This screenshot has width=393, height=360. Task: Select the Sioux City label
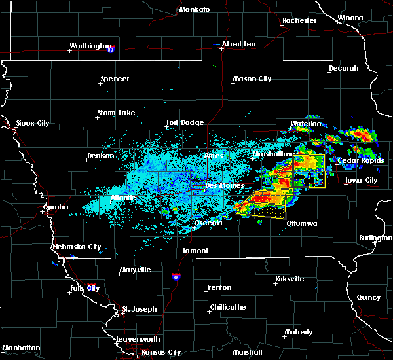(x=33, y=123)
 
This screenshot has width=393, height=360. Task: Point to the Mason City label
(x=252, y=79)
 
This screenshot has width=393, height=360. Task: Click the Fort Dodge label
(x=185, y=122)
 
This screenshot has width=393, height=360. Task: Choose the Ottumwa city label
(x=302, y=223)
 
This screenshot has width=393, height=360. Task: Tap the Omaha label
(x=56, y=207)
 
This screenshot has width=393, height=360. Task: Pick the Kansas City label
(x=162, y=352)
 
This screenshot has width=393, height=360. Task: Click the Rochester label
(x=299, y=21)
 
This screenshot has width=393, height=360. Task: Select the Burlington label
(x=376, y=238)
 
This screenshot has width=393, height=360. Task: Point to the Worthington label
(x=91, y=46)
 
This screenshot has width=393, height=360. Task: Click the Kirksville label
(x=289, y=279)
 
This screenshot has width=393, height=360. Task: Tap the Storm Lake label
(x=116, y=113)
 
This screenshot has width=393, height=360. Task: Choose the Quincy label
(x=369, y=297)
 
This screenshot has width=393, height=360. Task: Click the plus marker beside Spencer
(x=102, y=84)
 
